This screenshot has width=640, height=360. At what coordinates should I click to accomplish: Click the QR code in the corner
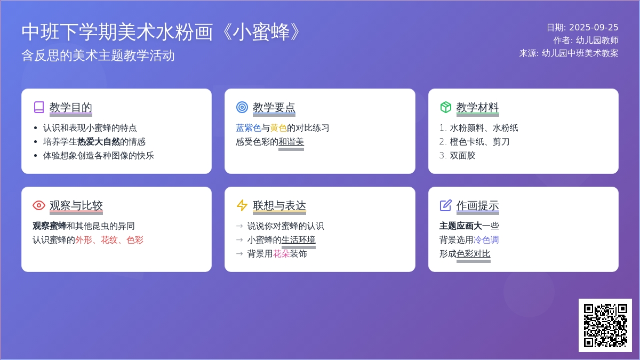pos(605,325)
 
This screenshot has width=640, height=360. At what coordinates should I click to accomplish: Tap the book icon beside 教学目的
pos(39,107)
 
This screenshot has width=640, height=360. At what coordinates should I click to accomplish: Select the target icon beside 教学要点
pos(242,107)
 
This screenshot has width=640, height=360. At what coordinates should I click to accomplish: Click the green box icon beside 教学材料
pos(446,107)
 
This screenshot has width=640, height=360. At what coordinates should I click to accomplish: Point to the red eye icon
pos(39,205)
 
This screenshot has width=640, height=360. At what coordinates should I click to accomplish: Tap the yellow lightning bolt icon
pos(242,205)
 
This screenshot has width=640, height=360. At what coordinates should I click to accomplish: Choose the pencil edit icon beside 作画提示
pos(446,205)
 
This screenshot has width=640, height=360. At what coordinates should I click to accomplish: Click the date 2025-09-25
pos(594,27)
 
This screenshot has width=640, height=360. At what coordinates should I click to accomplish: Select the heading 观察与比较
pos(76,206)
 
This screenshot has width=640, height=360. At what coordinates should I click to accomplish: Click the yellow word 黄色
pos(278,128)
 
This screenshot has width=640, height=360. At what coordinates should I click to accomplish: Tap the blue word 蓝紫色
pos(249,128)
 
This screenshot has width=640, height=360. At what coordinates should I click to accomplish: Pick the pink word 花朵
pos(281,254)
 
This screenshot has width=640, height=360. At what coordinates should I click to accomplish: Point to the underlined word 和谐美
pos(291,142)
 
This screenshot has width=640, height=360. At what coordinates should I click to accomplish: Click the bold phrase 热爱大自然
pos(99,142)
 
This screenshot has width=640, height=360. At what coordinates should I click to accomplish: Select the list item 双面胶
pos(462,155)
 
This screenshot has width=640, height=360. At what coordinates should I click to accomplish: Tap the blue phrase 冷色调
pos(486,240)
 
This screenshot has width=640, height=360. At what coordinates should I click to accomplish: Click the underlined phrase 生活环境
pos(298,240)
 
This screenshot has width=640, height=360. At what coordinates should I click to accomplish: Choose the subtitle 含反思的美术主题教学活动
pos(98,55)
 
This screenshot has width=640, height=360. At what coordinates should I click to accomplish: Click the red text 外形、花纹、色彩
pos(109,240)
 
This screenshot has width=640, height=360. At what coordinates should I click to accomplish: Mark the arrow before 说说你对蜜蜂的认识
pos(239,226)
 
